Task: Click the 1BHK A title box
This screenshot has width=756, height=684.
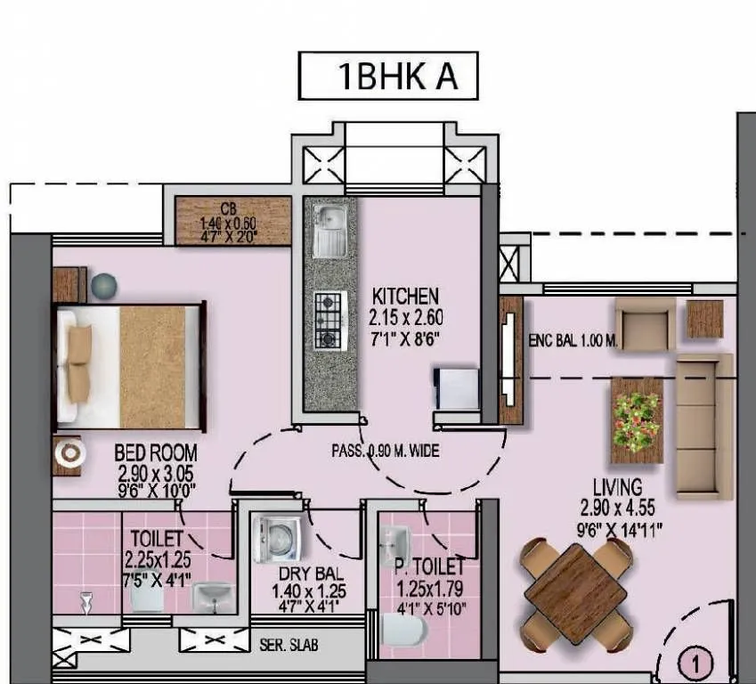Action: point(388,76)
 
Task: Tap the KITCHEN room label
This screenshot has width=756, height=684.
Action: point(406,296)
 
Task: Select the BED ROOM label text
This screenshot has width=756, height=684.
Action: point(156,452)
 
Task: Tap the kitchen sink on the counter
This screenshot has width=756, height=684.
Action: point(331,230)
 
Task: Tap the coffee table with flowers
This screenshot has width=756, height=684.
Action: point(637,419)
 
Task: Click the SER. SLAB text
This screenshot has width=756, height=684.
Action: point(288,644)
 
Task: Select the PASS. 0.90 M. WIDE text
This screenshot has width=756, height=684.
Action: point(386,452)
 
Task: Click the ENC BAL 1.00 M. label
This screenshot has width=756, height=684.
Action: point(573,341)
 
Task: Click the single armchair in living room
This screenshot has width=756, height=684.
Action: point(644,323)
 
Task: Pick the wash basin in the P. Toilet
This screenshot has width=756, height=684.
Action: point(394,541)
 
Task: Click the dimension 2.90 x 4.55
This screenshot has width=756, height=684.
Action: point(618,506)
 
